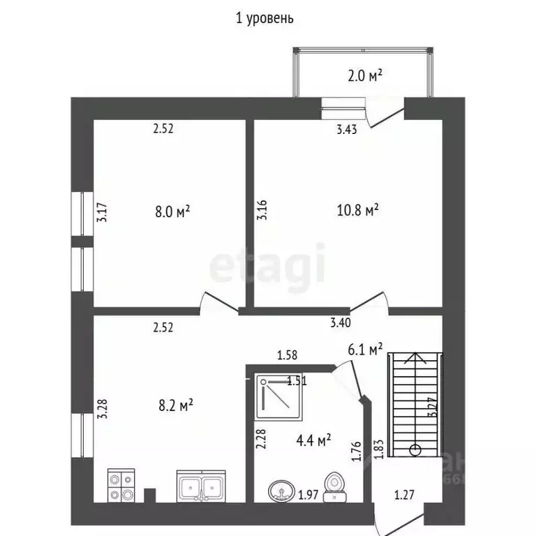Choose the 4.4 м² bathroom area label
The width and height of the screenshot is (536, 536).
coord(313,440)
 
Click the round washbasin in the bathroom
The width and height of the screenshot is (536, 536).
coord(281,491)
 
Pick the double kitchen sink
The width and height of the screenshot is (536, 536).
coord(201,486)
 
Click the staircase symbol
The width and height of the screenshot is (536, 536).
coord(415,404)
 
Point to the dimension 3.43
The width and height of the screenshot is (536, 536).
coord(347,128)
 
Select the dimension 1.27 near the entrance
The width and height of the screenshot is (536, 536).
coord(404,496)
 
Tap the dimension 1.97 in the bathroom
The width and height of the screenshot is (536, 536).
coord(309,496)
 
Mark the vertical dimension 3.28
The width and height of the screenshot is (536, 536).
coord(102,408)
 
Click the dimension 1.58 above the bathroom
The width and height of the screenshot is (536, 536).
coord(287,355)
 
